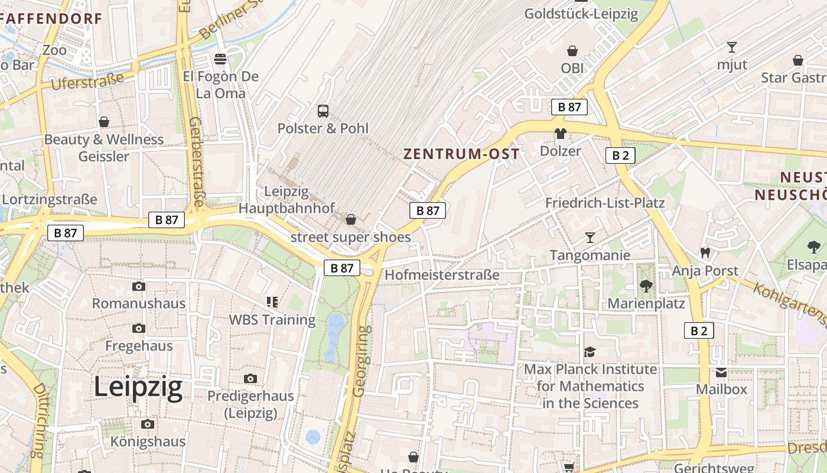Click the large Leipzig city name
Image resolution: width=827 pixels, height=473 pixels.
coord(138,388)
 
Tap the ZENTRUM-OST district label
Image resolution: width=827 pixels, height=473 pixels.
coord(461,154)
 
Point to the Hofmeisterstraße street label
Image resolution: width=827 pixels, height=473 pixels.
coord(442,275)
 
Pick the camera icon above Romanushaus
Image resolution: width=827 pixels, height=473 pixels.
coord(139,287)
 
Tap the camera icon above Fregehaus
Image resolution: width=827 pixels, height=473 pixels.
coord(139,328)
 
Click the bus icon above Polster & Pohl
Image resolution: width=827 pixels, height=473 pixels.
coord(323,111)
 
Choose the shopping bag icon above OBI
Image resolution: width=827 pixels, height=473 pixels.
coord(572,51)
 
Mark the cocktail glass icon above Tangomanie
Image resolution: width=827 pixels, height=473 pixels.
coord(590,238)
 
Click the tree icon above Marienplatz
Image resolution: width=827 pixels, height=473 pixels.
coord(646,286)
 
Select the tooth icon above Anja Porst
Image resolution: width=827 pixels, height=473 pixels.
coord(705,252)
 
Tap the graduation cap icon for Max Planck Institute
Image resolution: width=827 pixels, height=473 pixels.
coord(590,352)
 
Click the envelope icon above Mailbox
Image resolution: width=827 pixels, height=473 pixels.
coord(721,372)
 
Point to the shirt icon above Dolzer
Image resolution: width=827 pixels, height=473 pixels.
coord(560,134)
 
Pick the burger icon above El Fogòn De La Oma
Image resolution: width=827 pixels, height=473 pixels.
coord(220,59)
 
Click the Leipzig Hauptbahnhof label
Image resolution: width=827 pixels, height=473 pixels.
coord(286,199)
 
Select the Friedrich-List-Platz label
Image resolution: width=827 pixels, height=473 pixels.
coord(605,203)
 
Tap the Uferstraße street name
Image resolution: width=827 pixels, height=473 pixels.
coord(87,81)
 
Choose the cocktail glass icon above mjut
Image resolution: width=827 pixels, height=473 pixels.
coord(732,47)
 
